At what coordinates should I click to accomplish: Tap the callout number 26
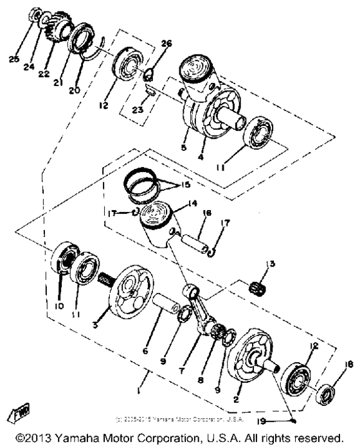click(167, 44)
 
